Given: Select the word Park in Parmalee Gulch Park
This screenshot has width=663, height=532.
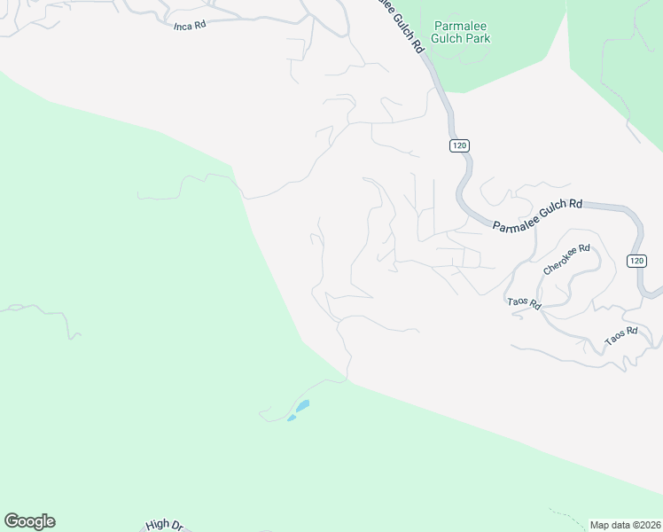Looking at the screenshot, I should pyautogui.click(x=478, y=38).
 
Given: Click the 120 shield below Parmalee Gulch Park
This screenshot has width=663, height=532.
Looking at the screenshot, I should pyautogui.click(x=458, y=145).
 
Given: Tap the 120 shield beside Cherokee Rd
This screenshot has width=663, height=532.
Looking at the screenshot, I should pyautogui.click(x=636, y=260).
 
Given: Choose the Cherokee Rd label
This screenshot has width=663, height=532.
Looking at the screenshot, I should pyautogui.click(x=566, y=259).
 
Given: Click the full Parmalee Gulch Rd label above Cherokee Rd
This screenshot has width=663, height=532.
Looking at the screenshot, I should pyautogui.click(x=537, y=216).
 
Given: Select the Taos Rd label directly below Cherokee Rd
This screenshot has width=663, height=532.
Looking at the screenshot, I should pyautogui.click(x=525, y=302).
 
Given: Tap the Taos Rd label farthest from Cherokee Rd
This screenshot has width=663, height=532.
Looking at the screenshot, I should pyautogui.click(x=620, y=336).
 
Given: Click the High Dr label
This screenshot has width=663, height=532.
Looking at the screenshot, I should pyautogui.click(x=165, y=526).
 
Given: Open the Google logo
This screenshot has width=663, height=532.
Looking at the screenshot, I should pyautogui.click(x=29, y=521).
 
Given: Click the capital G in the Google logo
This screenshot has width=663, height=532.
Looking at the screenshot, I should pyautogui.click(x=11, y=520).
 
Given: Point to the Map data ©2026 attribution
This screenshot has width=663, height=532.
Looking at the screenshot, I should pyautogui.click(x=625, y=525).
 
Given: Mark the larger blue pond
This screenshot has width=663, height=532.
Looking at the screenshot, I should pyautogui.click(x=302, y=406).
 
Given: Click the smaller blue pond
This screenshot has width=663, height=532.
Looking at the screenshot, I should pyautogui.click(x=291, y=419).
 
